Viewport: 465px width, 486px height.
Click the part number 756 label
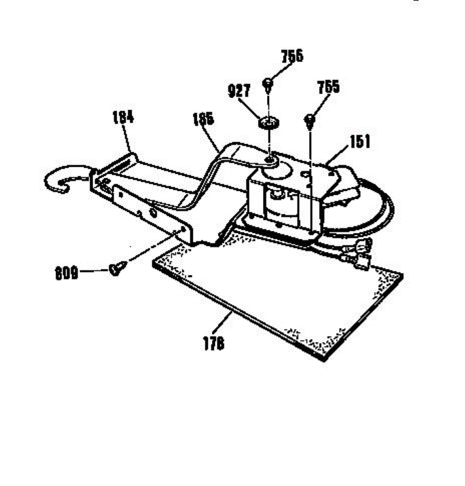(292, 56)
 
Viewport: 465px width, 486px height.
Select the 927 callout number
(239, 91)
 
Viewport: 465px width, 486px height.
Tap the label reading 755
(328, 87)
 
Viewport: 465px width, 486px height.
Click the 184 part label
(123, 117)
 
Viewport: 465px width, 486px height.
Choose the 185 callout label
(203, 119)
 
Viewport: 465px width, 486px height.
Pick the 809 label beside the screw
(66, 274)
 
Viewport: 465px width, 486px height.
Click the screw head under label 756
(268, 83)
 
